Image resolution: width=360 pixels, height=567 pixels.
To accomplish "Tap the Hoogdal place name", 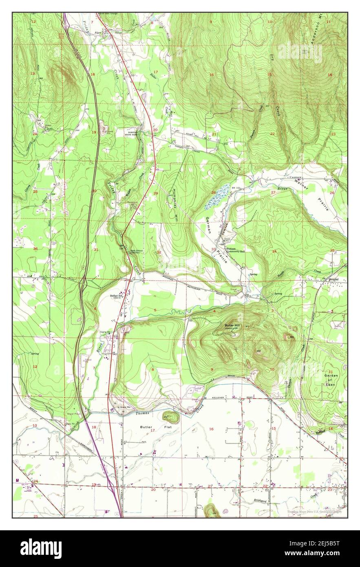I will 334,279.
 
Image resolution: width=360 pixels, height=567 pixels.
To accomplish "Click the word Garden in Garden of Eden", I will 331,375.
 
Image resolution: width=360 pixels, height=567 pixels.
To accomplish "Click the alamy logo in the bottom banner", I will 41,549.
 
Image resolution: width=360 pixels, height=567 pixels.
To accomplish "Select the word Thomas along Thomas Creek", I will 142,413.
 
